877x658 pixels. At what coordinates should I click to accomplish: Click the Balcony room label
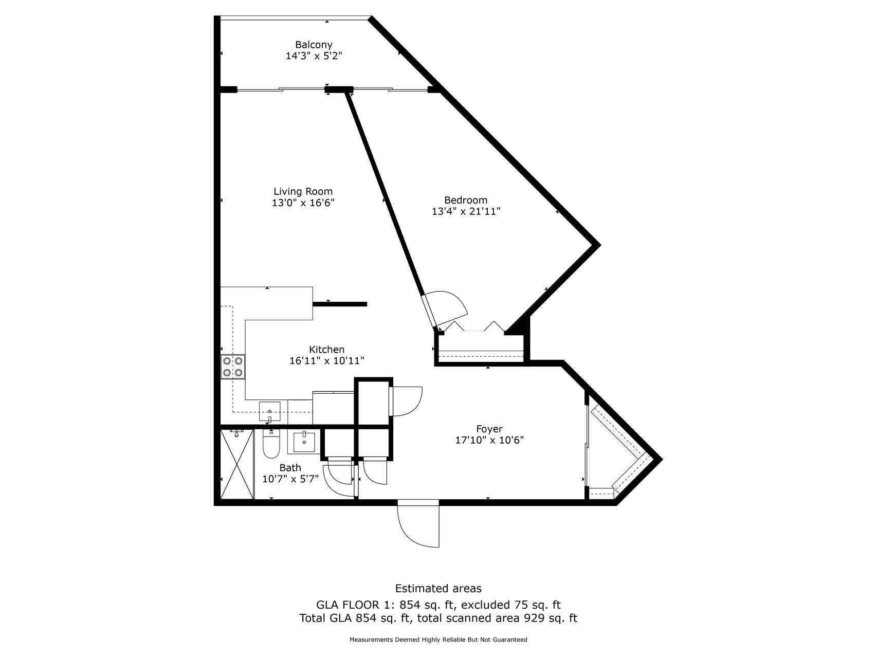(x=314, y=45)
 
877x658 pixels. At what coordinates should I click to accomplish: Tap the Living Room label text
(x=303, y=191)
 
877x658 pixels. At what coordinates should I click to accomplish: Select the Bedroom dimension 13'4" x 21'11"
(x=466, y=211)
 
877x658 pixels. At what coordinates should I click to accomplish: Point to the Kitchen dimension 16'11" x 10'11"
(x=326, y=361)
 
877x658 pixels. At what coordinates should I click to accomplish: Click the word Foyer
(x=489, y=429)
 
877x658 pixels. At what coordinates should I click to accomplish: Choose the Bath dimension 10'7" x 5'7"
(x=290, y=479)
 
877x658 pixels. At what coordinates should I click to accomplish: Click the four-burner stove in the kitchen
(x=233, y=367)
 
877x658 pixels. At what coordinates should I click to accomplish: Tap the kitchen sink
(x=270, y=411)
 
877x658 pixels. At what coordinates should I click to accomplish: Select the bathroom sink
(x=304, y=443)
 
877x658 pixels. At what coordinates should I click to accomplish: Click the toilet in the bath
(x=270, y=445)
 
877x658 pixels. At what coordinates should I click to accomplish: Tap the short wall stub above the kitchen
(x=340, y=304)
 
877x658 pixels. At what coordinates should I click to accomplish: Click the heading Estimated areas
(x=438, y=588)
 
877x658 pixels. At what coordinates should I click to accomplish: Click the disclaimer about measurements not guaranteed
(x=438, y=640)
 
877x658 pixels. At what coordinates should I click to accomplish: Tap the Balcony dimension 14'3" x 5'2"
(x=314, y=56)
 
